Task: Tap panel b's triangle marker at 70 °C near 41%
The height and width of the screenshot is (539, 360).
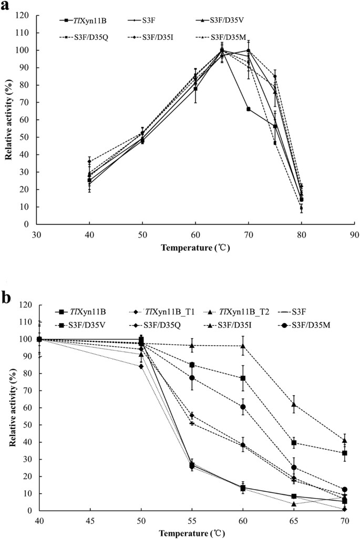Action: pyautogui.click(x=345, y=440)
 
